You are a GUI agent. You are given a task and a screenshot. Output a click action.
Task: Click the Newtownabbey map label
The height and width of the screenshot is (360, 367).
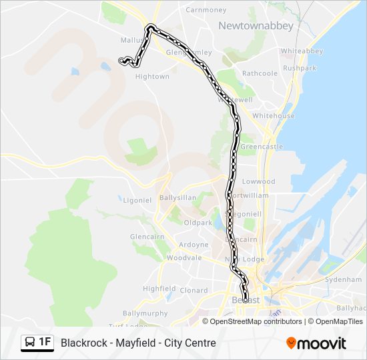click(246, 25)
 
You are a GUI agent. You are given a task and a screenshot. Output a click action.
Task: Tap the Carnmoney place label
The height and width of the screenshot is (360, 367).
click(206, 10)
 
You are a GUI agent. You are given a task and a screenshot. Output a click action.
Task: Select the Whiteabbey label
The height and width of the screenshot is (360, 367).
click(302, 51)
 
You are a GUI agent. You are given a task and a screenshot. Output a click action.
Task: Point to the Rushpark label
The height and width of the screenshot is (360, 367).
click(300, 68)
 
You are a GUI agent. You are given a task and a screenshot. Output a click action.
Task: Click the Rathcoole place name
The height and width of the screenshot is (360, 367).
click(260, 73)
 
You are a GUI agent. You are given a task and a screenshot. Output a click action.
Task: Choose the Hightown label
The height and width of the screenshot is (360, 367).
click(152, 77)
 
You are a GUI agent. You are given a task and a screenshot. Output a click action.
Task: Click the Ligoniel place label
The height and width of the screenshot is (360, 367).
click(137, 199)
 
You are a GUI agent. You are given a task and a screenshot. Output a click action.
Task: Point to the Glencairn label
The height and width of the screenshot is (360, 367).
click(147, 237)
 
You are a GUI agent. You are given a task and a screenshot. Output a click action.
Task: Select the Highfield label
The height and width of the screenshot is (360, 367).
click(159, 289)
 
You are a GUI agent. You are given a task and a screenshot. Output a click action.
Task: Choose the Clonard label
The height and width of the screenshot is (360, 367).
click(194, 291)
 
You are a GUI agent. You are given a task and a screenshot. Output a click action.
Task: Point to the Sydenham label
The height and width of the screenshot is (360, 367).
click(342, 280)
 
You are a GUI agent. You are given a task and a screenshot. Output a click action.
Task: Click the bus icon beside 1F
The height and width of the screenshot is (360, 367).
click(30, 343)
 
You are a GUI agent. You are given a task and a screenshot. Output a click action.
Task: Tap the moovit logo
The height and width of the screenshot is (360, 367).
click(316, 343)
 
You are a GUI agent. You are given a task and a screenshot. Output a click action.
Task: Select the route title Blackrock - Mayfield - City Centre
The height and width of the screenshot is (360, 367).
click(138, 343)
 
